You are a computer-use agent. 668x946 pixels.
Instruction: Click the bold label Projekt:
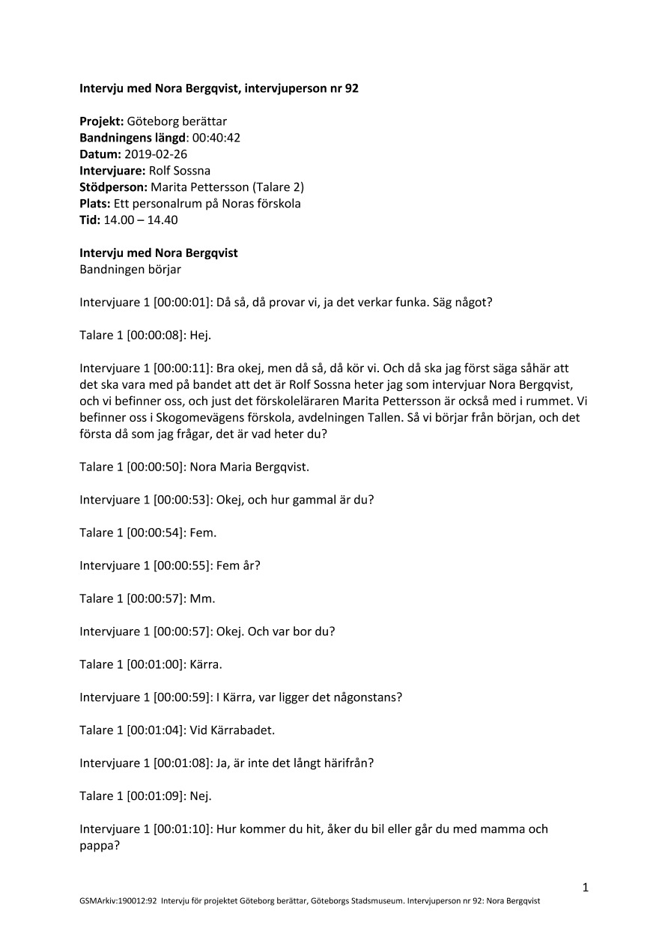(102, 121)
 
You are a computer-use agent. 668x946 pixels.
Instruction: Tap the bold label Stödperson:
(114, 187)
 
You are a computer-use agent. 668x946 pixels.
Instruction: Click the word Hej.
(201, 336)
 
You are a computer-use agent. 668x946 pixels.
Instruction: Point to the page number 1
(586, 888)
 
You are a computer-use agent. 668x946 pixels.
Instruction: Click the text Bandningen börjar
(130, 270)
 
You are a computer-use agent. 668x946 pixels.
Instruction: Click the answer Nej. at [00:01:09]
(201, 795)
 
